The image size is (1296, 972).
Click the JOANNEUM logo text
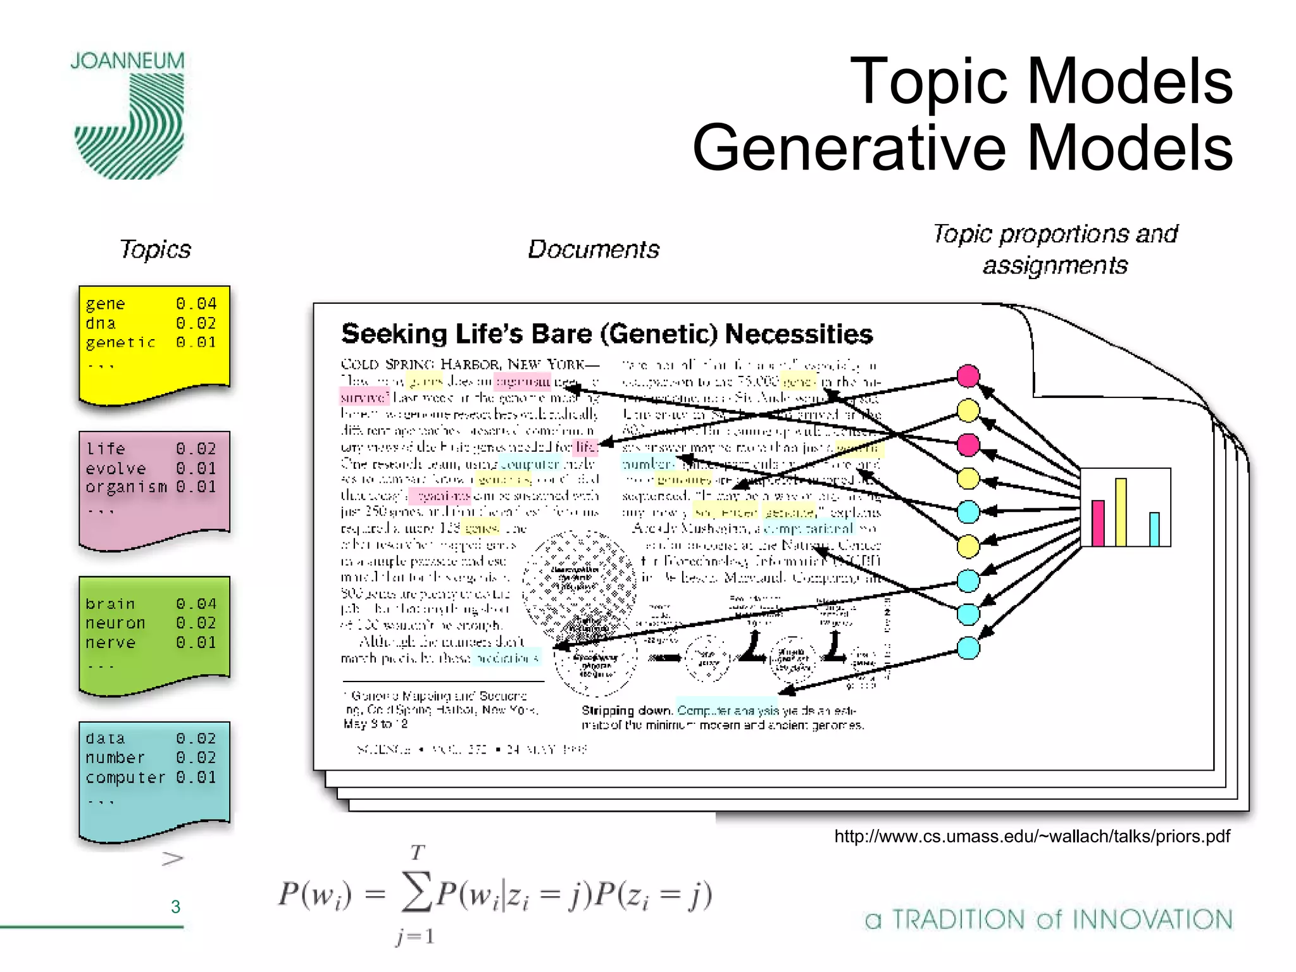(127, 61)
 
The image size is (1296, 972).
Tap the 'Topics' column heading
(155, 249)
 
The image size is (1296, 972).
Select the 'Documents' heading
(593, 249)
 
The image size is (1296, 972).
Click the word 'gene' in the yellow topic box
(105, 304)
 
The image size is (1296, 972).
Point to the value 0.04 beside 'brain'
(196, 604)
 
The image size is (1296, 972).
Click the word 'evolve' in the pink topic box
(116, 468)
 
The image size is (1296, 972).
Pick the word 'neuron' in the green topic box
(115, 623)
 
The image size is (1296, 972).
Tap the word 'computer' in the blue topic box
(125, 777)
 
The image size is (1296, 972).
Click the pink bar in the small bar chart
(1098, 523)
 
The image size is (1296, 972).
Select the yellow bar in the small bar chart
(1121, 512)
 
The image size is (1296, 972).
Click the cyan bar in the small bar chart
(1154, 529)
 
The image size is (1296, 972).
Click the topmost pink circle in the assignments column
(968, 376)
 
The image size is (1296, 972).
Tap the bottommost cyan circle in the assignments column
(968, 648)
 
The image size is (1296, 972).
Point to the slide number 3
(176, 907)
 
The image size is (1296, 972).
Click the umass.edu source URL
(1031, 837)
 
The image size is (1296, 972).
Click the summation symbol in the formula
(416, 892)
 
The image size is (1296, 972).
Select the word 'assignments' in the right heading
(1055, 266)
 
